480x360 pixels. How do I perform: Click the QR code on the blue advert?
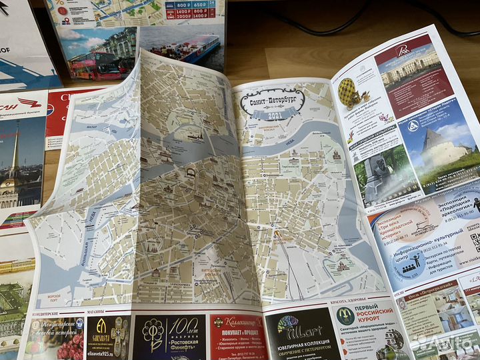[474, 241]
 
